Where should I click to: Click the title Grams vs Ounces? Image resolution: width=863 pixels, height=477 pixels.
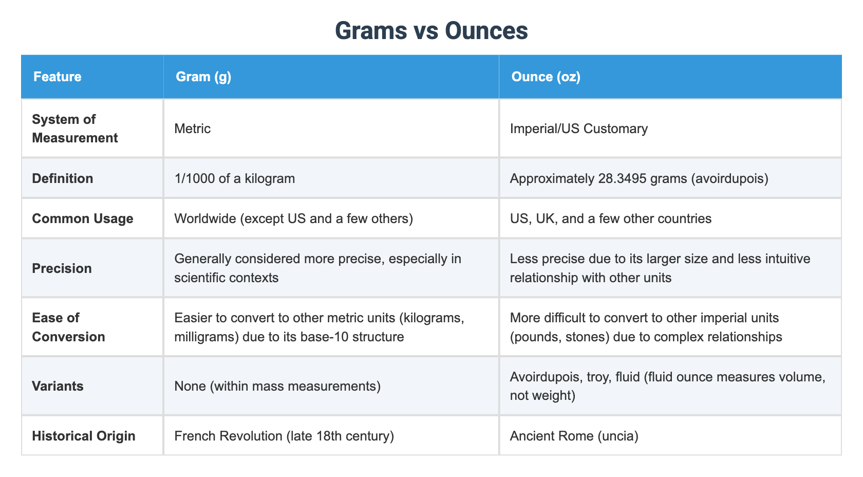coord(431,31)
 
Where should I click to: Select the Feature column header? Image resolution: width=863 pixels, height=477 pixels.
coord(58,77)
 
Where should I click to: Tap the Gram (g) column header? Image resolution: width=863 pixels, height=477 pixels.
coord(203,77)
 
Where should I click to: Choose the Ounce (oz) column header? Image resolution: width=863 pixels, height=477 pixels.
coord(546,77)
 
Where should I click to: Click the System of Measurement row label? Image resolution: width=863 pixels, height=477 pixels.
coord(75,129)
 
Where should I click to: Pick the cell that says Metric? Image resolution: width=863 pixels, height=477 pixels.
coord(193,129)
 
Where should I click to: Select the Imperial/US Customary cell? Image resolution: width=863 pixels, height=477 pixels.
coord(578,129)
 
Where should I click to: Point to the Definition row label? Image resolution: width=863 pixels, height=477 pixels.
coord(63,178)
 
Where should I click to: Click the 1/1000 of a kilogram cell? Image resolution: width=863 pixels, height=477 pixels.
coord(235,178)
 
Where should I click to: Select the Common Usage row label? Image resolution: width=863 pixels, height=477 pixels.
coord(83,218)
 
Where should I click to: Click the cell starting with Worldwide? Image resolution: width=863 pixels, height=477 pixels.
coord(294,218)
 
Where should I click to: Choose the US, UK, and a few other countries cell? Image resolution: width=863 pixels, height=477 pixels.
coord(610,218)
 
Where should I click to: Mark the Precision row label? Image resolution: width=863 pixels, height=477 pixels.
coord(62,268)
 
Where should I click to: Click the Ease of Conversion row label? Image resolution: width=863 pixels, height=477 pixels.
coord(68,327)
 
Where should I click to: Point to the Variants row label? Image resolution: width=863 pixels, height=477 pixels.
coord(58,386)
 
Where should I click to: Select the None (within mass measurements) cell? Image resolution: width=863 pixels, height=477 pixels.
coord(277,386)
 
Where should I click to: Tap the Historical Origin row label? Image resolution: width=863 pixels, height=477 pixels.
coord(84,436)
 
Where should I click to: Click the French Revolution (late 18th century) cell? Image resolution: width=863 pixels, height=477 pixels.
coord(284,436)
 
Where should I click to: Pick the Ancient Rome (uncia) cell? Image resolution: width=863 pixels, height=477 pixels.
coord(574,436)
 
